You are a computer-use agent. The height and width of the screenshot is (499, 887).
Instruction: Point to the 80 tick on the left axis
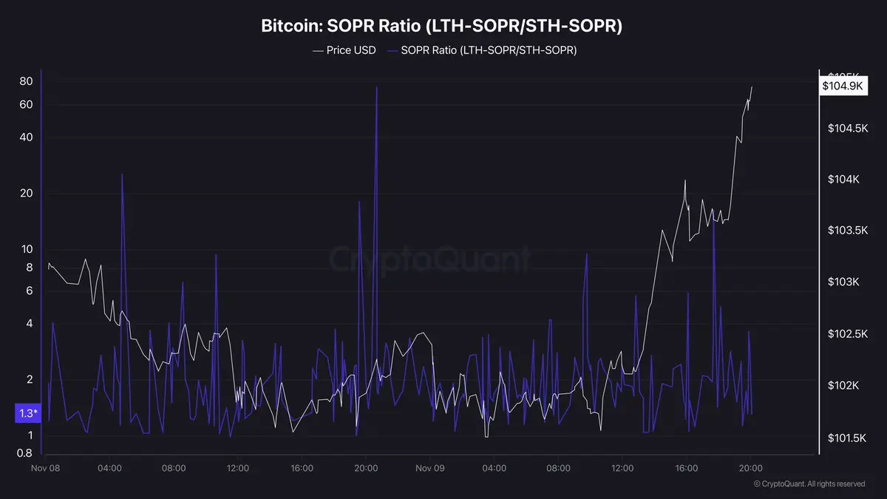click(x=26, y=81)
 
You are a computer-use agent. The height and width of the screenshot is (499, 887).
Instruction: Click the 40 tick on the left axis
click(x=26, y=138)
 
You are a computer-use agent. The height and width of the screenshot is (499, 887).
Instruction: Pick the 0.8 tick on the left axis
click(x=24, y=453)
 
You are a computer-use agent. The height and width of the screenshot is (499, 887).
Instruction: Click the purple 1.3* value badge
click(x=27, y=413)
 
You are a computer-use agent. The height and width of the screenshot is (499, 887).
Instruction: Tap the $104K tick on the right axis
click(x=843, y=180)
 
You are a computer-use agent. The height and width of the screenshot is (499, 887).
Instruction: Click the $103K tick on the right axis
click(x=843, y=282)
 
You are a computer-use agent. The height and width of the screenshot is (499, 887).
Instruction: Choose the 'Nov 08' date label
click(x=46, y=468)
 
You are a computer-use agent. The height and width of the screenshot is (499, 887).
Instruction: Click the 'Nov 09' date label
click(x=429, y=468)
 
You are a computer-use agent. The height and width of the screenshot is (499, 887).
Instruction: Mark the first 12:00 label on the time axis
click(x=238, y=468)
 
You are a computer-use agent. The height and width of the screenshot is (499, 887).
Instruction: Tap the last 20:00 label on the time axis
click(x=750, y=468)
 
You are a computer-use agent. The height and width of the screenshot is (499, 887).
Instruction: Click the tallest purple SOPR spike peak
click(x=377, y=87)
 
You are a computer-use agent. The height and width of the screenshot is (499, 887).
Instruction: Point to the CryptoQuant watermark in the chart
click(x=429, y=260)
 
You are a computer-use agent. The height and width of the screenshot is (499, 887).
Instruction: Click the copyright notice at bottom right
click(x=809, y=484)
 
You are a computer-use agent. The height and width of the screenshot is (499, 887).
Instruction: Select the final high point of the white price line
click(x=752, y=87)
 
